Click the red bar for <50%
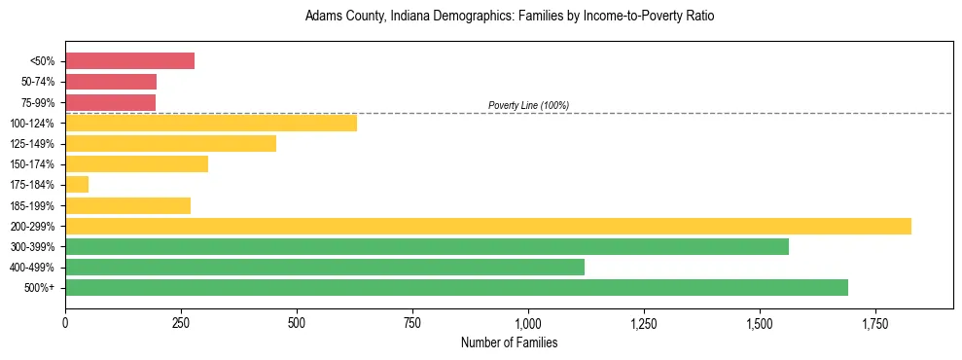(x=129, y=61)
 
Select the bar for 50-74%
(x=111, y=82)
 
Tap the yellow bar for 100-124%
(x=211, y=123)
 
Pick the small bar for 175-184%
(x=77, y=185)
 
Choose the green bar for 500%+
(x=456, y=288)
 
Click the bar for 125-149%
(x=170, y=144)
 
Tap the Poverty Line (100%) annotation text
(x=528, y=105)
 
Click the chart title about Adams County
(x=510, y=17)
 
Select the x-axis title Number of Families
(x=509, y=342)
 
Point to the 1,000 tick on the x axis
(x=528, y=322)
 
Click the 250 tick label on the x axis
(x=181, y=322)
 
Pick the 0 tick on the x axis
(x=65, y=322)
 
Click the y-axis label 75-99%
(x=39, y=102)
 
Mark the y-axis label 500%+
(x=41, y=288)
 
